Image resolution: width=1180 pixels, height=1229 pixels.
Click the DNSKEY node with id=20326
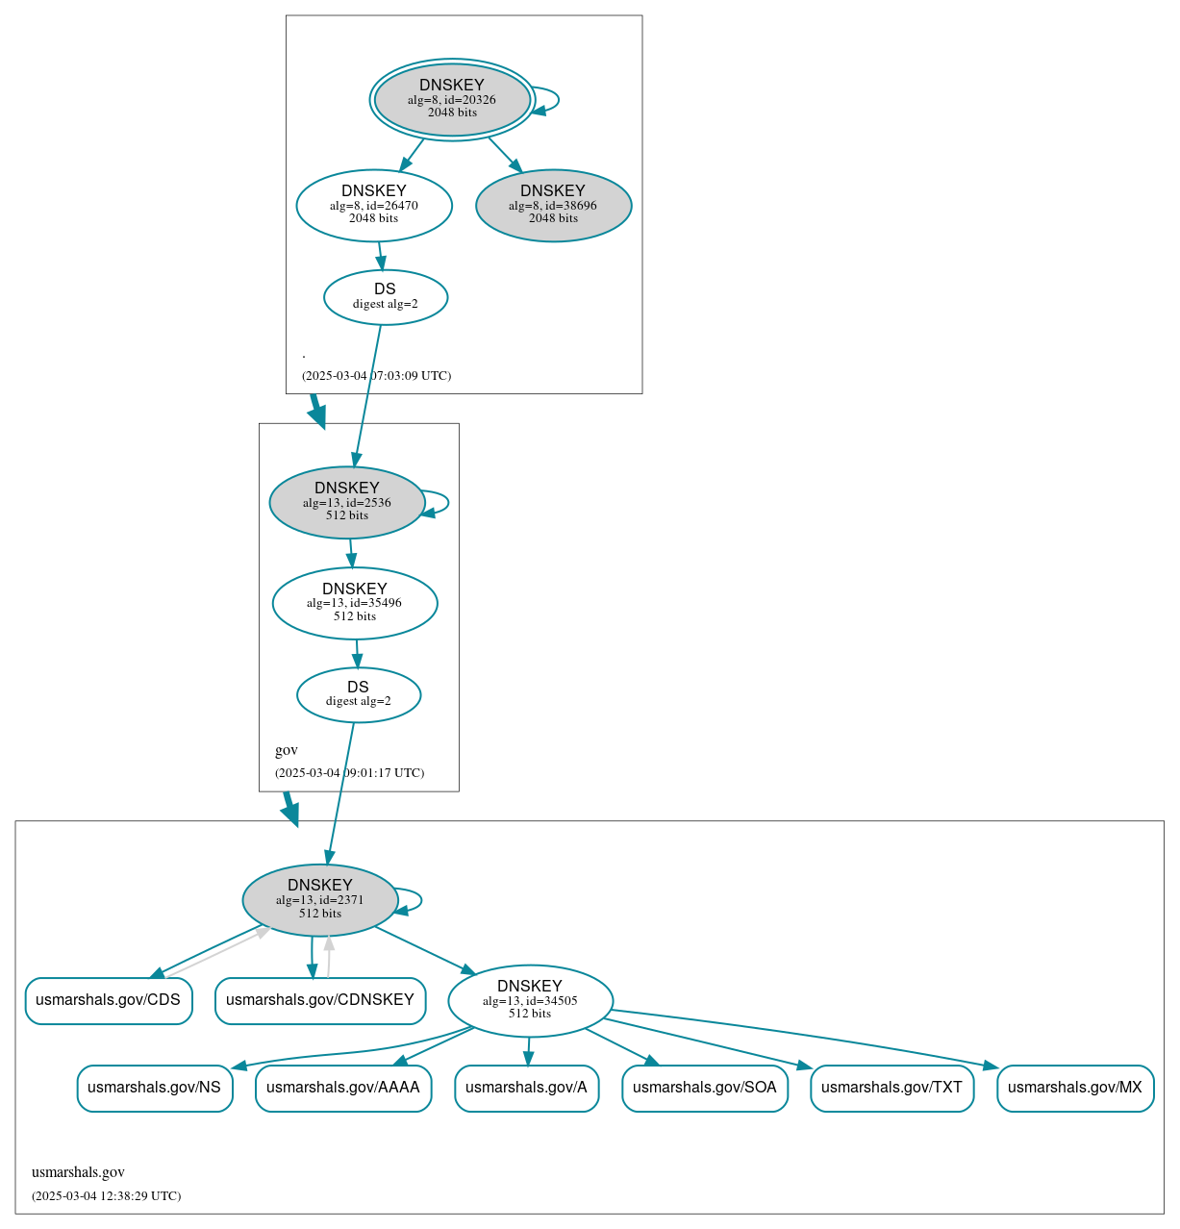tap(452, 99)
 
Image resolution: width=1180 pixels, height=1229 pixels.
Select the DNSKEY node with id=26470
tap(374, 205)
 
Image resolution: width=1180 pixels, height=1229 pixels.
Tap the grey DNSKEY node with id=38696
tap(553, 205)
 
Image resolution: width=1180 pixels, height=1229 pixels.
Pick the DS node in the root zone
tap(385, 297)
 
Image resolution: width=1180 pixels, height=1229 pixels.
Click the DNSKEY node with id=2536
tap(347, 502)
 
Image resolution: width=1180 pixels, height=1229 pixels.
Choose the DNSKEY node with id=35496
tap(355, 603)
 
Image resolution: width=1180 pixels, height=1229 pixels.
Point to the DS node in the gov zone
tap(358, 694)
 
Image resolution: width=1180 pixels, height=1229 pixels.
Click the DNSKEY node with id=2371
tap(320, 900)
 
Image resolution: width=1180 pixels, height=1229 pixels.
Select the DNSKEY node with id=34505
tap(530, 1000)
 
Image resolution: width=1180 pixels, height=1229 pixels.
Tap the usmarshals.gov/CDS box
tap(108, 1000)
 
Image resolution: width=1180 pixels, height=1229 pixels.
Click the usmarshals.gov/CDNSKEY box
tap(320, 1000)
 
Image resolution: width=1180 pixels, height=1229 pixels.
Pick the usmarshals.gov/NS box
tap(154, 1088)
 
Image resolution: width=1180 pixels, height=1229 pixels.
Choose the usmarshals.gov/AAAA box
tap(343, 1088)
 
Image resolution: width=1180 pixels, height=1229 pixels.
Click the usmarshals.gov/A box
tap(526, 1088)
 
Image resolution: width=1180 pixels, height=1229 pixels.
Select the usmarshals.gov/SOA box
tap(705, 1088)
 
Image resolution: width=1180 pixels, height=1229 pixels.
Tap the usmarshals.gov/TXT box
tap(891, 1088)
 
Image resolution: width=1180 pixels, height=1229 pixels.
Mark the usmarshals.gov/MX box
tap(1075, 1088)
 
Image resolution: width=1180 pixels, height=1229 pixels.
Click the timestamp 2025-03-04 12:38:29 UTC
tap(106, 1196)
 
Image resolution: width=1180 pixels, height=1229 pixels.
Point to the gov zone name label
tap(287, 750)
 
